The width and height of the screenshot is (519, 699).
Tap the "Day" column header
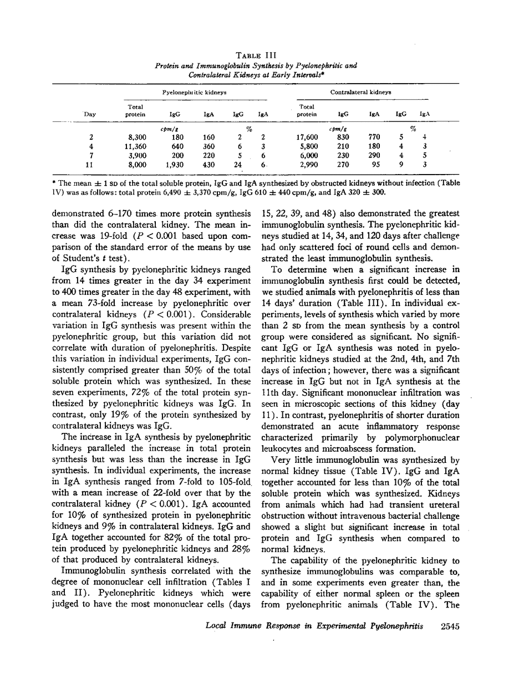click(x=90, y=114)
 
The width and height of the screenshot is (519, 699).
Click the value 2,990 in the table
click(x=308, y=165)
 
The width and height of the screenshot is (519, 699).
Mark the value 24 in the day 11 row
click(x=238, y=165)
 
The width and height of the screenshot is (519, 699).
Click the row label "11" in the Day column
click(x=91, y=165)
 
